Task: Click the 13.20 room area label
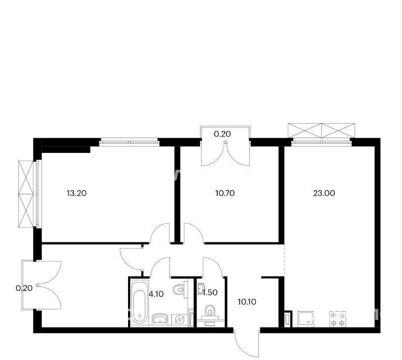click(x=76, y=193)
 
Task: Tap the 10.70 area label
click(x=225, y=193)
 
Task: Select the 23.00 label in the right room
click(x=324, y=193)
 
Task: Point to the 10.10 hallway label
click(x=247, y=302)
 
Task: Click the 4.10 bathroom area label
click(x=156, y=294)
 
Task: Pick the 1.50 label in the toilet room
click(x=210, y=292)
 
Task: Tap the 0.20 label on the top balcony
click(x=223, y=134)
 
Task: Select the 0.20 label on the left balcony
click(x=24, y=288)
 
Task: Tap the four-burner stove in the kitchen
click(x=338, y=319)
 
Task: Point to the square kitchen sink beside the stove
click(x=305, y=319)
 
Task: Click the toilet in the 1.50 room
click(x=210, y=312)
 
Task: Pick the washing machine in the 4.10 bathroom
click(x=179, y=320)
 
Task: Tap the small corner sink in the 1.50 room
click(x=201, y=289)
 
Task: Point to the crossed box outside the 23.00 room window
click(x=322, y=131)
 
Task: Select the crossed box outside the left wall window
click(x=26, y=194)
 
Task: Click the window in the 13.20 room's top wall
click(x=129, y=142)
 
